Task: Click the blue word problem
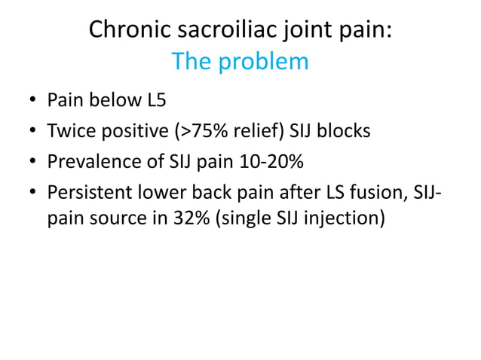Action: (x=264, y=61)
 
